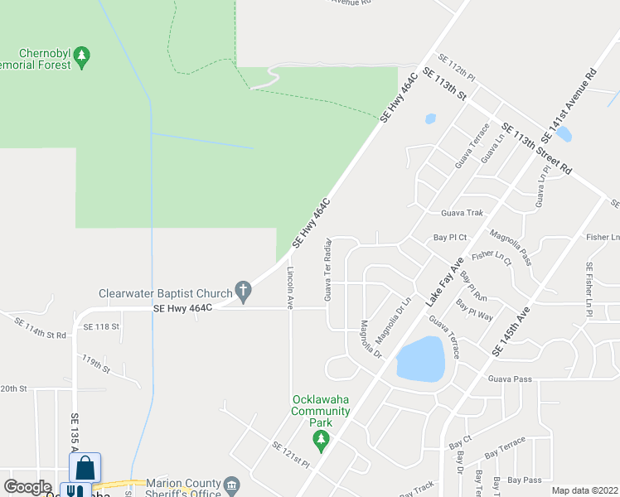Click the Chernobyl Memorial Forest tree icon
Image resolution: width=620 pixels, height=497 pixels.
81,56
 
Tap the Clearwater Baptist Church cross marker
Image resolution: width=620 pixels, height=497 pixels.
242,292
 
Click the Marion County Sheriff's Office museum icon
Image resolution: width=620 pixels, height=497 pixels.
231,484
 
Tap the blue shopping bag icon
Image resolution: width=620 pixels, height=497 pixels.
85,468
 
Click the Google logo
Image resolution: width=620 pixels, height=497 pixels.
28,487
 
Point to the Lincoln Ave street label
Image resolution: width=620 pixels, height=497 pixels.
290,287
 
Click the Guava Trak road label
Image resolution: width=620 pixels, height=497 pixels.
462,212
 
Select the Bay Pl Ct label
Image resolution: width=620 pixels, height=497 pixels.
451,237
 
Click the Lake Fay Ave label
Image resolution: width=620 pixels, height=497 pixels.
445,283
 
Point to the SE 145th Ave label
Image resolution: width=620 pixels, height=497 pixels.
510,333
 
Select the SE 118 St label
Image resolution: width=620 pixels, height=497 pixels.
101,326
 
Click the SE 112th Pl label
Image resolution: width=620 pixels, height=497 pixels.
457,67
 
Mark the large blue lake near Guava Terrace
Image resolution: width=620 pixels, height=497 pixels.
420,359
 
